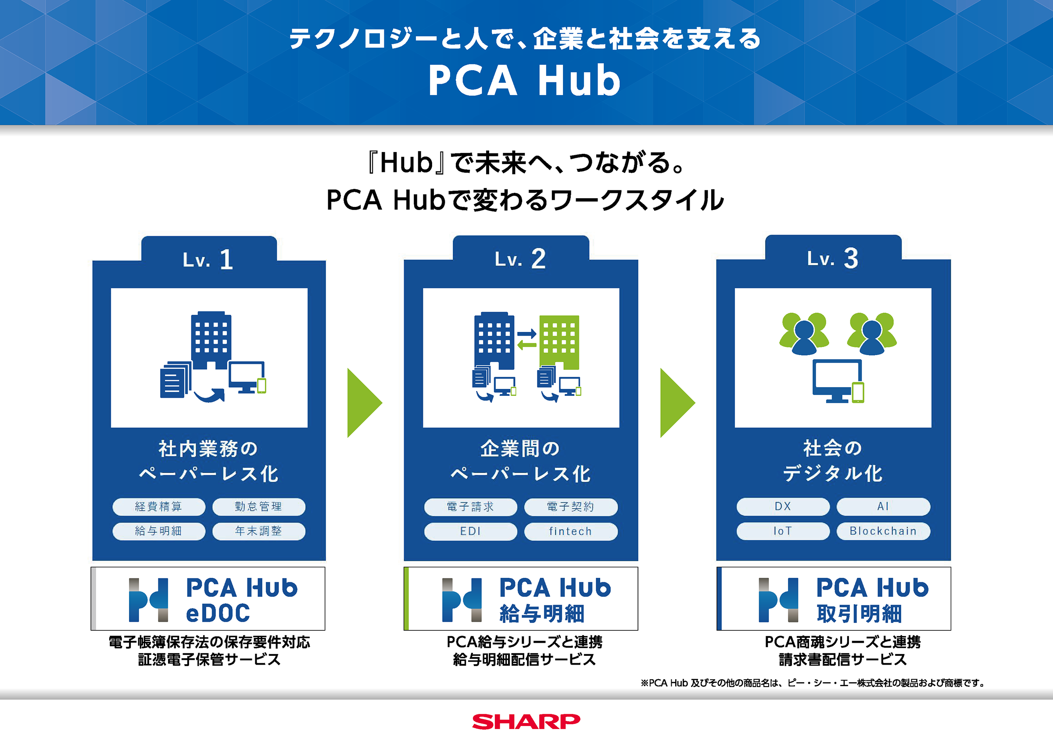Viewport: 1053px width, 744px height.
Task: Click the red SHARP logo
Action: pyautogui.click(x=526, y=722)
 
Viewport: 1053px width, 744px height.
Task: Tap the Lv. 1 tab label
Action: pyautogui.click(x=208, y=260)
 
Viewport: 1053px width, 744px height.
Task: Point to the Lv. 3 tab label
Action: pyautogui.click(x=832, y=258)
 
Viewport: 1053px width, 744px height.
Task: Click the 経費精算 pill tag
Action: pyautogui.click(x=159, y=506)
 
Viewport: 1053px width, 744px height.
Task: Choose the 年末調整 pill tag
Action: pyautogui.click(x=259, y=531)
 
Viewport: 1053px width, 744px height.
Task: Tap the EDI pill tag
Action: pyautogui.click(x=470, y=531)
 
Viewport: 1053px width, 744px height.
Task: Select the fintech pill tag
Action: pyautogui.click(x=571, y=531)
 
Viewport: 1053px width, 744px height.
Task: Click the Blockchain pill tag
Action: pyautogui.click(x=883, y=531)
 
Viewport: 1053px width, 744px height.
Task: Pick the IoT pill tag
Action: pyautogui.click(x=783, y=531)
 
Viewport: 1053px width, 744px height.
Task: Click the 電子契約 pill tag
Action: pyautogui.click(x=571, y=506)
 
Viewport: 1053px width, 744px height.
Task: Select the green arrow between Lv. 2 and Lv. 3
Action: pyautogui.click(x=677, y=403)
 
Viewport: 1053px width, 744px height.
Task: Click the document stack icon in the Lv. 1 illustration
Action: pyautogui.click(x=175, y=380)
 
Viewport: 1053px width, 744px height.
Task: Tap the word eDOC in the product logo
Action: pyautogui.click(x=218, y=613)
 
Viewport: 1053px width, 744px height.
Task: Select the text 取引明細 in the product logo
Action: pyautogui.click(x=859, y=613)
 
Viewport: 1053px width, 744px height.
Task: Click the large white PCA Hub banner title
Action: pyautogui.click(x=525, y=80)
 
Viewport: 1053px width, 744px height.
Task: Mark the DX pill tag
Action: pyautogui.click(x=783, y=506)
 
